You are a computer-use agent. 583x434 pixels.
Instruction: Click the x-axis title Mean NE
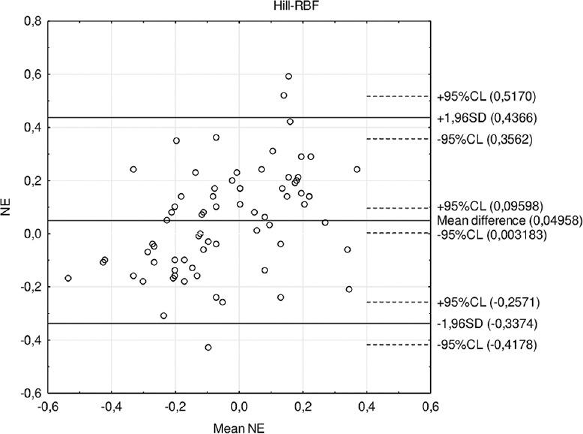[x=239, y=427]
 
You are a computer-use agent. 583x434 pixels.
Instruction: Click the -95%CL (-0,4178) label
[x=486, y=345]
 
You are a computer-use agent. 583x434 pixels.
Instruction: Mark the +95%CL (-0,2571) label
[x=486, y=303]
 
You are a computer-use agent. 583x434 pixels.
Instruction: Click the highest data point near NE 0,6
[x=288, y=77]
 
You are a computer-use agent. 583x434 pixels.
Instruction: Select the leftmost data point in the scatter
[x=68, y=278]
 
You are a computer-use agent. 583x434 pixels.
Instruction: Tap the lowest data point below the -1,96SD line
[x=208, y=347]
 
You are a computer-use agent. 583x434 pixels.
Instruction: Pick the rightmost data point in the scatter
[x=356, y=170]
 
